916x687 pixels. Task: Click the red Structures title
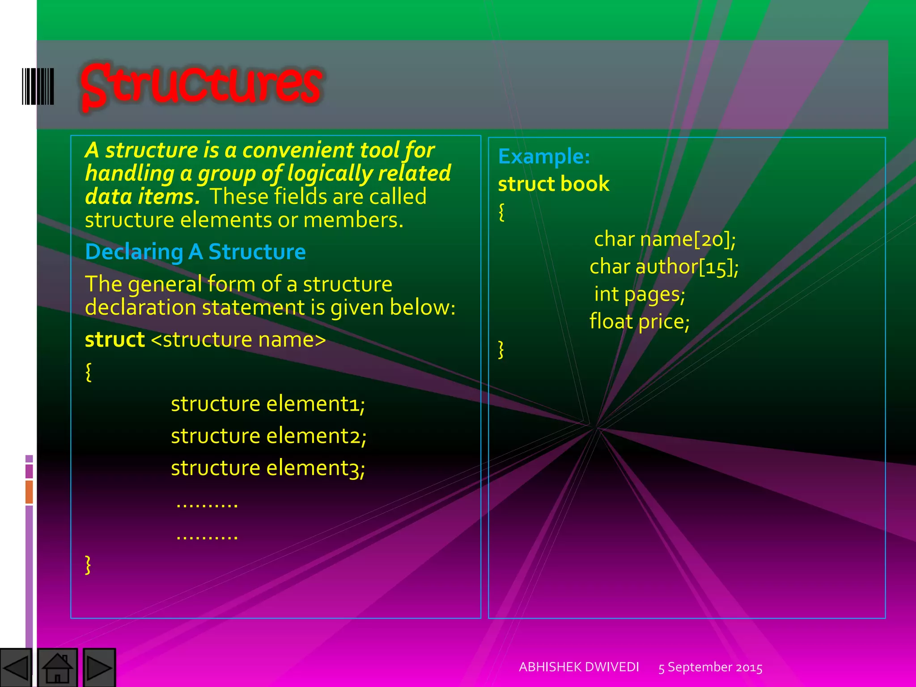pyautogui.click(x=201, y=85)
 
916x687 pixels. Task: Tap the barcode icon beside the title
pyautogui.click(x=38, y=86)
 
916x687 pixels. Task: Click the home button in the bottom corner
pyautogui.click(x=57, y=668)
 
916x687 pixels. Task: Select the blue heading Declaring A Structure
pyautogui.click(x=195, y=252)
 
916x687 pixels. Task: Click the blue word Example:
pyautogui.click(x=544, y=157)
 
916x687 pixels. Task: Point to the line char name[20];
pyautogui.click(x=665, y=239)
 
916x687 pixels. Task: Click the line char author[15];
pyautogui.click(x=664, y=267)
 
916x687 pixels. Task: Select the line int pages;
pyautogui.click(x=640, y=294)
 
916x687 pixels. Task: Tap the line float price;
pyautogui.click(x=640, y=322)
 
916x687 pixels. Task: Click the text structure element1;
pyautogui.click(x=268, y=404)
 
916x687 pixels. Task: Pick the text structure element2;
pyautogui.click(x=268, y=436)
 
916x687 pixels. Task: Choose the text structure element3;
pyautogui.click(x=268, y=468)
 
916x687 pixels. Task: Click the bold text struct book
pyautogui.click(x=554, y=184)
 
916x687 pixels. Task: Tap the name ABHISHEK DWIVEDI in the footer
pyautogui.click(x=579, y=667)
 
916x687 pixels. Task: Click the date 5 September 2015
pyautogui.click(x=710, y=668)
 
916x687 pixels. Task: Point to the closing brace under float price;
pyautogui.click(x=501, y=349)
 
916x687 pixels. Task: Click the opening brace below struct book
pyautogui.click(x=501, y=212)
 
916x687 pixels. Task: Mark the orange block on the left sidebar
pyautogui.click(x=29, y=492)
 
